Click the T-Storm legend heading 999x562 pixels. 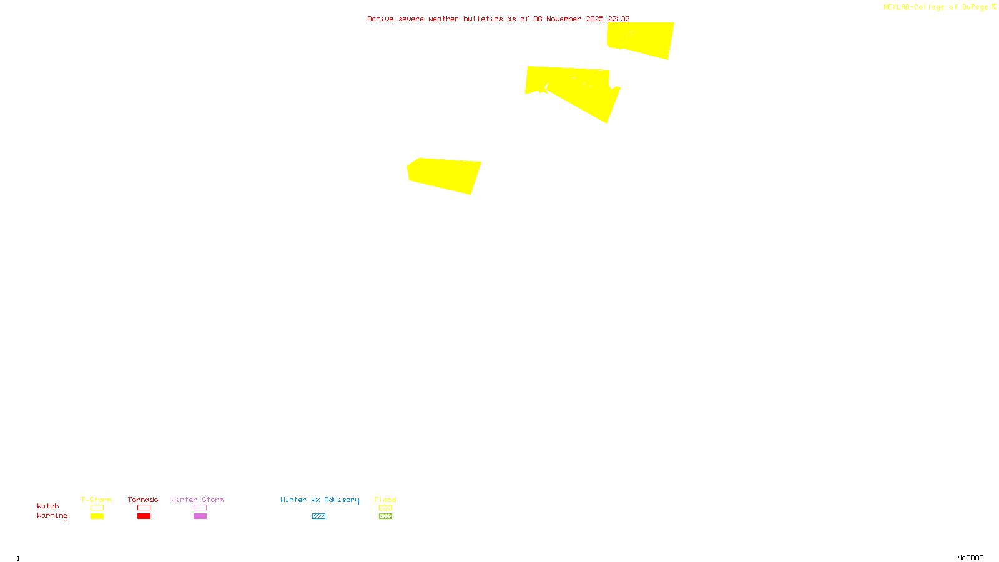(x=96, y=500)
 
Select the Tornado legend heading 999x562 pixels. (x=143, y=500)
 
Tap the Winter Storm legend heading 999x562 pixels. (x=197, y=500)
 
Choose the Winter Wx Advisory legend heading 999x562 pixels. (x=320, y=500)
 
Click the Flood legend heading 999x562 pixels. (x=385, y=500)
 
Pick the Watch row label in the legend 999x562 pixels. (x=48, y=506)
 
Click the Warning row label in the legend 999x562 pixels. (x=52, y=516)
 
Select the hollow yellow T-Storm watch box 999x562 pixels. (x=97, y=508)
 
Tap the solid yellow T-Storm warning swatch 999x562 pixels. (x=97, y=516)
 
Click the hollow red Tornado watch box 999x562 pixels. (x=144, y=508)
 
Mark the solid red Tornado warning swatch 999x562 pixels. (x=144, y=516)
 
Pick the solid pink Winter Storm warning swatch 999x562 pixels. (x=200, y=516)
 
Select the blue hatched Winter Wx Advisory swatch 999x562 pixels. (x=318, y=516)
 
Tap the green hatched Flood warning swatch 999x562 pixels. (x=385, y=516)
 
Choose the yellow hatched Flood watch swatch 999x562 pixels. (x=385, y=508)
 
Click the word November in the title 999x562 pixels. (x=564, y=19)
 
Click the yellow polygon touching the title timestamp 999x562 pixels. (x=643, y=39)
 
